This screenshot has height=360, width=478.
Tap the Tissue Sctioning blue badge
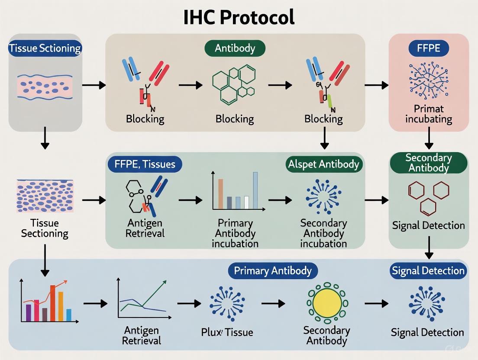click(45, 48)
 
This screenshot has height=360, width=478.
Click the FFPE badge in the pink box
click(429, 48)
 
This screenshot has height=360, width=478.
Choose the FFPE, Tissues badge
click(145, 164)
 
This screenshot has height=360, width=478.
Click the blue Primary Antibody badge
click(272, 271)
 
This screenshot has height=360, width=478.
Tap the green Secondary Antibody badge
click(428, 163)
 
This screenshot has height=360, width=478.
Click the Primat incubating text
click(428, 114)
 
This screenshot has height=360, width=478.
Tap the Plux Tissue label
click(227, 332)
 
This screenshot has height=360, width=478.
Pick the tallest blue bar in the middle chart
click(255, 190)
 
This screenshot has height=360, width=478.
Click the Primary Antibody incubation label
click(235, 233)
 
